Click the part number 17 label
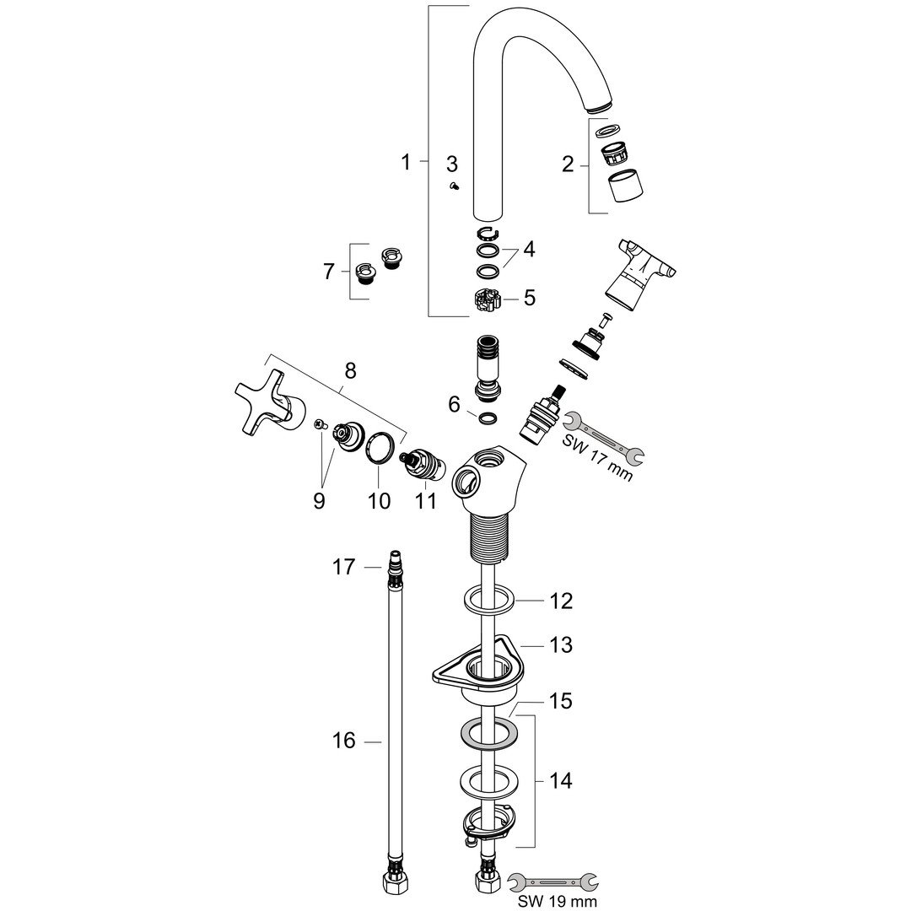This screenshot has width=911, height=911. pos(343,567)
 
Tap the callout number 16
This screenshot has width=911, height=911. pos(343,741)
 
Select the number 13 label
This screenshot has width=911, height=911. pos(561,645)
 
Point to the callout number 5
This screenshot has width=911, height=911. pos(529,298)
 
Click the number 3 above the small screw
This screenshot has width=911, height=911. pos(452,164)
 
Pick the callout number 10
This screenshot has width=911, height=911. pos(379,500)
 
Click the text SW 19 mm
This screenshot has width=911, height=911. pos(558,901)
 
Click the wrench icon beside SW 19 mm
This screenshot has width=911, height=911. pos(552,881)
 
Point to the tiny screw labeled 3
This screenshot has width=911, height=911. pos(455,186)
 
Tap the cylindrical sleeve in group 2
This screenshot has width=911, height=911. pos(625,186)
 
